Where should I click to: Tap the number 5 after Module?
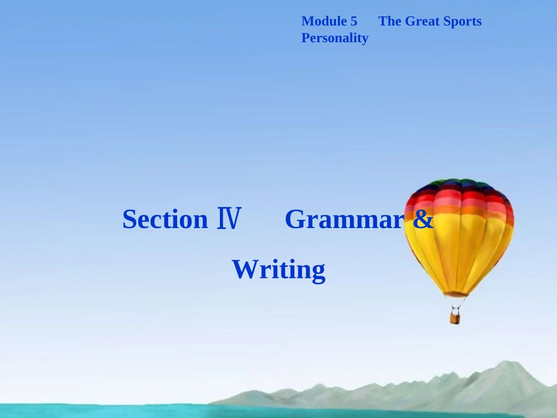click(x=354, y=22)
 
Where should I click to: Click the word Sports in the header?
click(x=463, y=22)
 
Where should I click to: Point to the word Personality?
click(x=335, y=39)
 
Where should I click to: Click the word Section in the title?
click(x=165, y=220)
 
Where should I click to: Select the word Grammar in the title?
click(x=345, y=220)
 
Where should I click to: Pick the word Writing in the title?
click(x=278, y=270)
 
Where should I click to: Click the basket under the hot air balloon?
click(x=455, y=318)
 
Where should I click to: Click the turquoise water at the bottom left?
click(x=88, y=410)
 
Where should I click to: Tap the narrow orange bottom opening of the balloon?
click(x=456, y=293)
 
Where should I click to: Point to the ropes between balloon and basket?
click(x=456, y=304)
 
